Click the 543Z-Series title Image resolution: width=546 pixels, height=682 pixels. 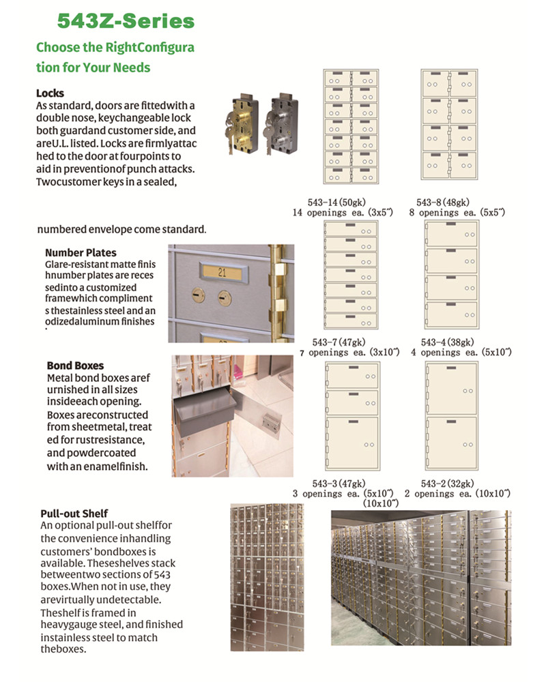tap(126, 21)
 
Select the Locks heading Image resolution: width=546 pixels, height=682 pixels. tap(51, 93)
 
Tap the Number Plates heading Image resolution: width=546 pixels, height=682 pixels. tap(81, 253)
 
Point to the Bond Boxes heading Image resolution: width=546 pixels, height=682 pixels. tap(75, 366)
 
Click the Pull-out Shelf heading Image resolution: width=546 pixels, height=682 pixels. tap(74, 513)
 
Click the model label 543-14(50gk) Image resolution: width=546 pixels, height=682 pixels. tap(334, 202)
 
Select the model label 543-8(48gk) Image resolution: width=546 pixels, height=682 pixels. tap(443, 202)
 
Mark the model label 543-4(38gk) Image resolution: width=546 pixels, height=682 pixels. tap(448, 342)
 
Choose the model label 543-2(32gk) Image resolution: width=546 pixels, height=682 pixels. tap(448, 483)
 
